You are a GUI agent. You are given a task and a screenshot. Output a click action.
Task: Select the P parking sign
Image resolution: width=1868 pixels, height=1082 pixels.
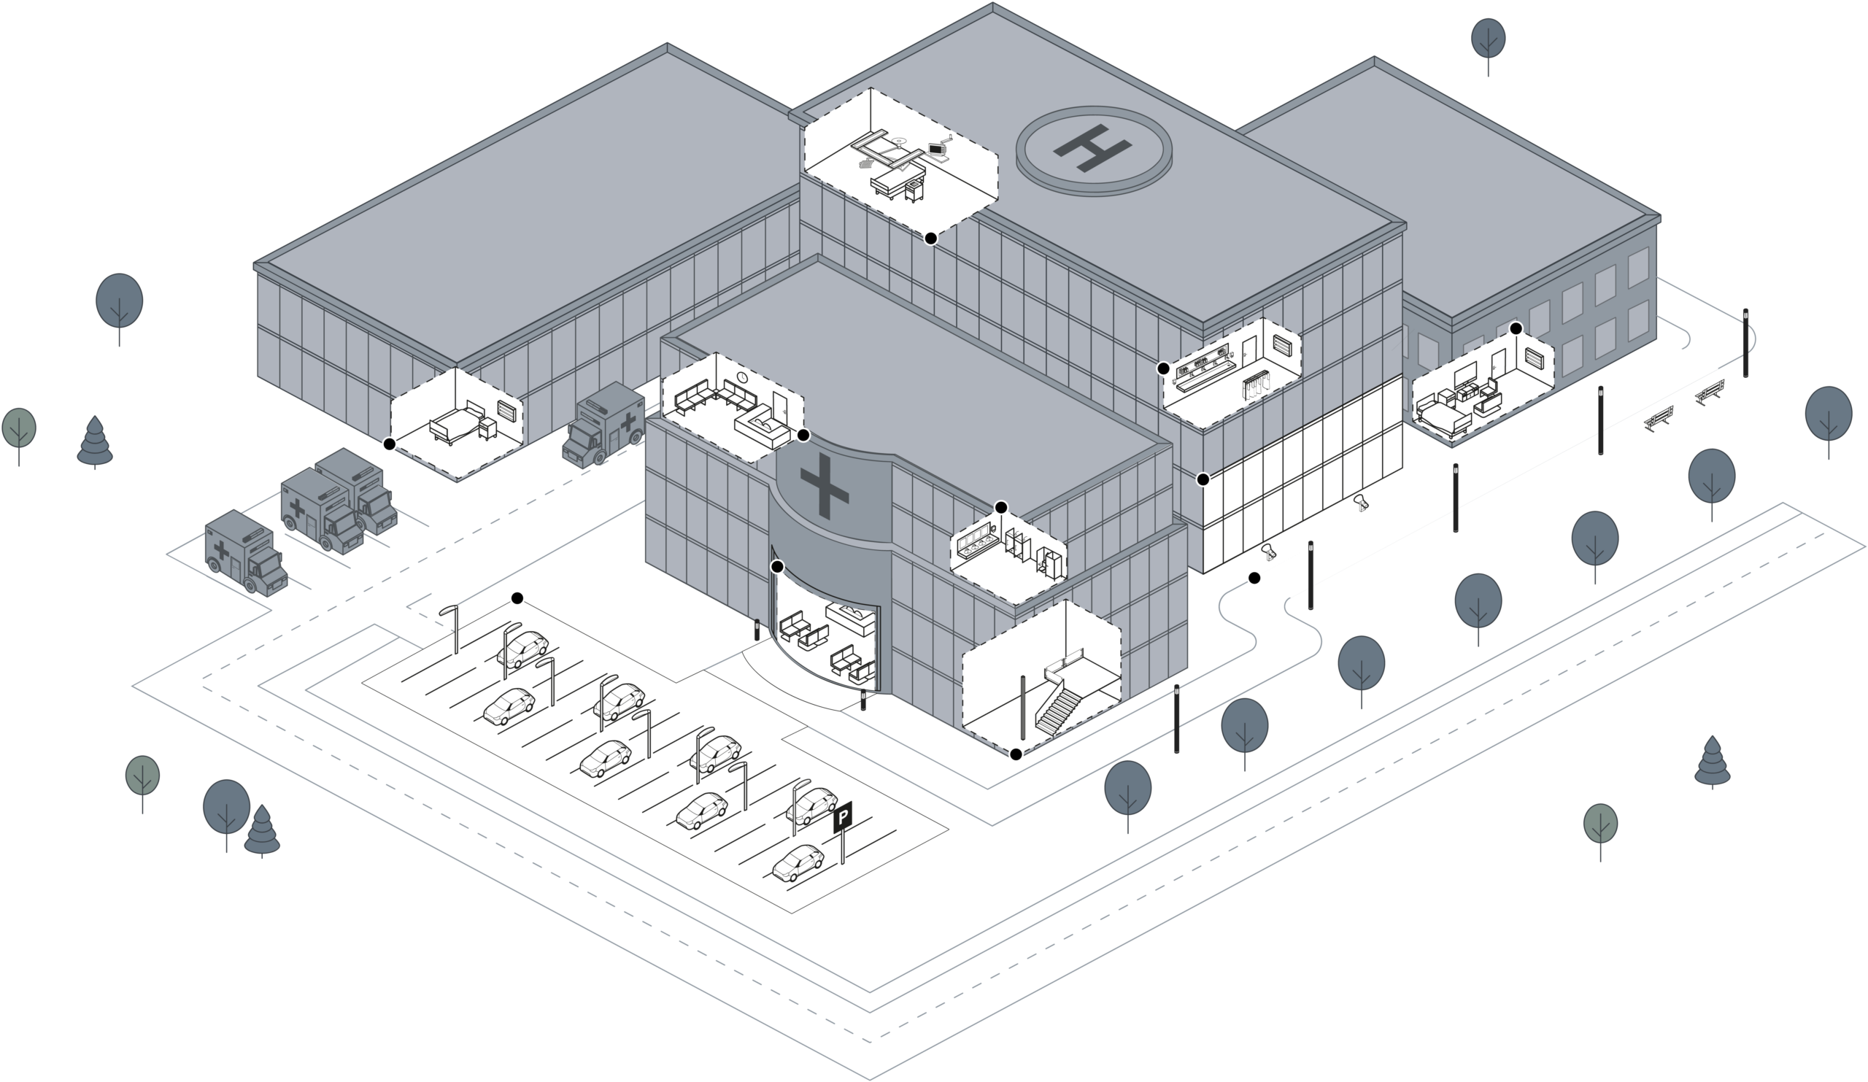pyautogui.click(x=844, y=819)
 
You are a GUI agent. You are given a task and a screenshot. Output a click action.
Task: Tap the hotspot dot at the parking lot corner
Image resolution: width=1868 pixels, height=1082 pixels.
pyautogui.click(x=517, y=598)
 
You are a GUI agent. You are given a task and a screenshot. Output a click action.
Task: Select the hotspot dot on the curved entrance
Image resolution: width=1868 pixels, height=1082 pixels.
pyautogui.click(x=777, y=567)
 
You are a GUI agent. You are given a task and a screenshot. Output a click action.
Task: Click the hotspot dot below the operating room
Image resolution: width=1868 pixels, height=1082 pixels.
pyautogui.click(x=930, y=238)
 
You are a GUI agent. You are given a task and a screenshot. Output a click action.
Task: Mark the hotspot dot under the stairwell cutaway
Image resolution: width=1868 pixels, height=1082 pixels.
pyautogui.click(x=1016, y=754)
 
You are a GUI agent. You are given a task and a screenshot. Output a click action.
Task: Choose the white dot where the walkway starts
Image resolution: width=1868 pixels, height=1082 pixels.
pyautogui.click(x=1254, y=577)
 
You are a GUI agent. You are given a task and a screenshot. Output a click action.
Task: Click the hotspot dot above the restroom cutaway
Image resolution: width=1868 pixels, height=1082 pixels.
pyautogui.click(x=1000, y=507)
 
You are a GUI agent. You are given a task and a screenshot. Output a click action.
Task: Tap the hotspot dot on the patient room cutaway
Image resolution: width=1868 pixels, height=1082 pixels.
pyautogui.click(x=1516, y=328)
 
